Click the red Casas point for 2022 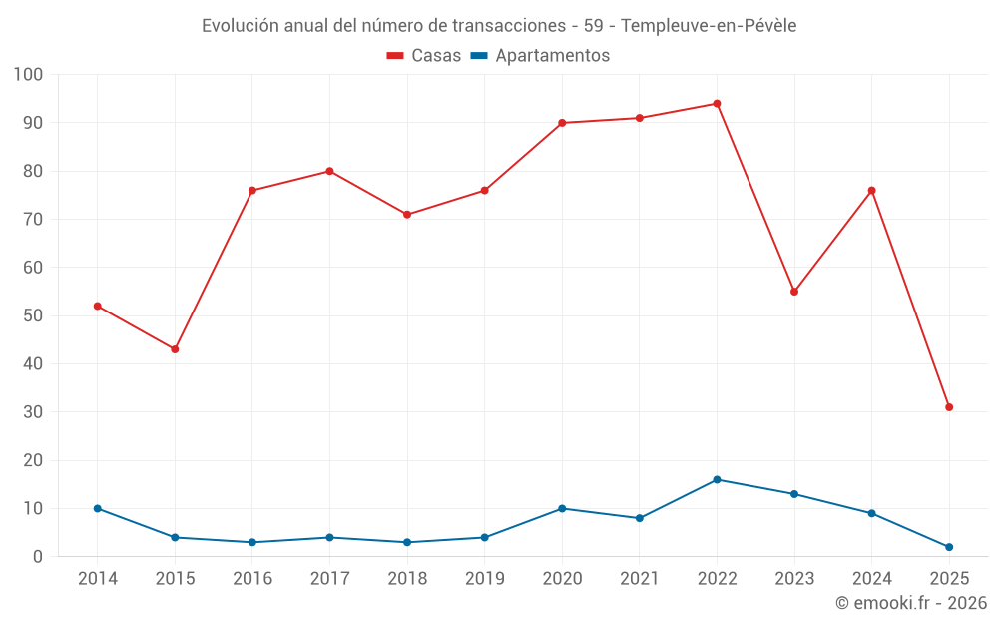pyautogui.click(x=717, y=104)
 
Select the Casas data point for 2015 pyautogui.click(x=175, y=349)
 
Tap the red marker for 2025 pyautogui.click(x=949, y=407)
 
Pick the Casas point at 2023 pyautogui.click(x=794, y=292)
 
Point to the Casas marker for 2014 pyautogui.click(x=98, y=306)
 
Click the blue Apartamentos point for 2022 pyautogui.click(x=717, y=479)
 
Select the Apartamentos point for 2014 pyautogui.click(x=98, y=508)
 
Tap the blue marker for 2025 pyautogui.click(x=949, y=547)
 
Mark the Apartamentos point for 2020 pyautogui.click(x=562, y=508)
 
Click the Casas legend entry pyautogui.click(x=424, y=56)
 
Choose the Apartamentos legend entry pyautogui.click(x=540, y=56)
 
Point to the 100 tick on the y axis pyautogui.click(x=29, y=75)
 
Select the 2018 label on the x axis pyautogui.click(x=407, y=579)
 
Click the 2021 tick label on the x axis pyautogui.click(x=640, y=579)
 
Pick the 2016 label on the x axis pyautogui.click(x=252, y=579)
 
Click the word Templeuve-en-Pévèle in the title pyautogui.click(x=709, y=26)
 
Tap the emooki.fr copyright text pyautogui.click(x=911, y=603)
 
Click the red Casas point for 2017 pyautogui.click(x=329, y=171)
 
